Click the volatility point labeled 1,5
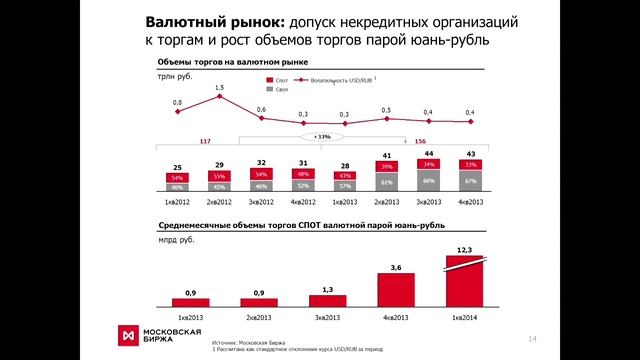tap(219, 98)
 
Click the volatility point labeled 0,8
tap(178, 111)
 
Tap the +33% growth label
tap(322, 135)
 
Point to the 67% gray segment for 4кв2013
tap(469, 180)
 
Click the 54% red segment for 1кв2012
tap(178, 176)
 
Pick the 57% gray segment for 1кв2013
tap(344, 185)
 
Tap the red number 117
tap(206, 142)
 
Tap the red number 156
tap(420, 142)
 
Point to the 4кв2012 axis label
tap(302, 202)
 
